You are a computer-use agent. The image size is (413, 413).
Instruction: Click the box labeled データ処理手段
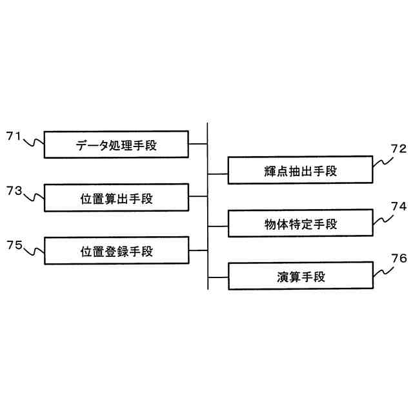[116, 145]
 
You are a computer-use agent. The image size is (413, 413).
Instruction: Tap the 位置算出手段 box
[116, 198]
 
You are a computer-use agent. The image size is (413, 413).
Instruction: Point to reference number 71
[14, 136]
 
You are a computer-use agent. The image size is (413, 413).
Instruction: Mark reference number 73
[14, 190]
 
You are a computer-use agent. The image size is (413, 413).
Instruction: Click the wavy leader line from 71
[34, 141]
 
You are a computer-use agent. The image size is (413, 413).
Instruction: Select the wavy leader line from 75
[34, 249]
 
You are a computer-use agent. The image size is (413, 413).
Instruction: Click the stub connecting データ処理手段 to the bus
[199, 145]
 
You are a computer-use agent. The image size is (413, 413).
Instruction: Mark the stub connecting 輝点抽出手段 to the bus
[218, 171]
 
